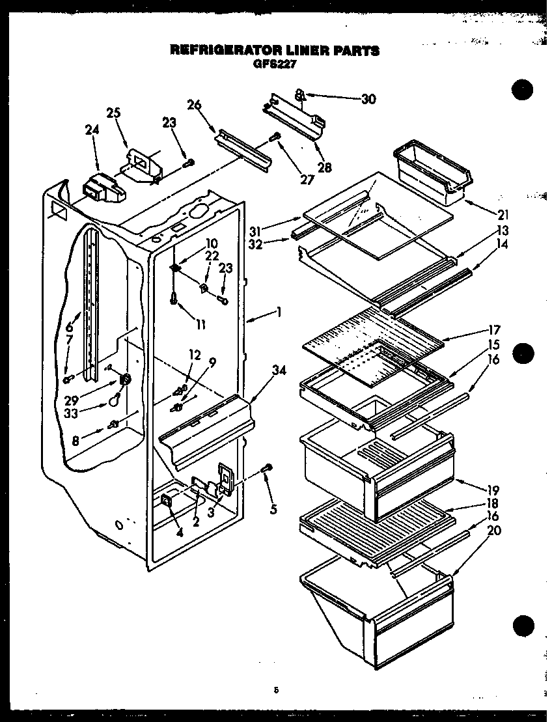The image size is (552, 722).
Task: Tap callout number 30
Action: click(368, 99)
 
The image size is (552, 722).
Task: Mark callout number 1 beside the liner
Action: click(279, 312)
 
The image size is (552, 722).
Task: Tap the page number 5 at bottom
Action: click(277, 690)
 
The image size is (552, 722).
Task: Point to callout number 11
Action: click(200, 324)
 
